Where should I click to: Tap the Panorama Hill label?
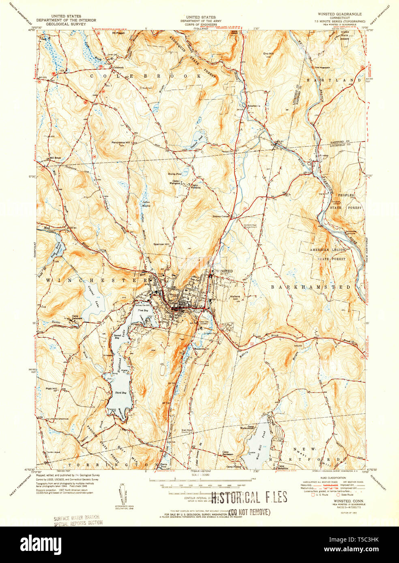coord(121,143)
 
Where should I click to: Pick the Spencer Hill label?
coord(161,244)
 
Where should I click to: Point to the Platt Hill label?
coord(51,388)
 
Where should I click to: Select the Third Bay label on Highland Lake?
coord(121,393)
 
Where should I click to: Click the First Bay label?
coord(143,310)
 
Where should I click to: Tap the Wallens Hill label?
coord(235,298)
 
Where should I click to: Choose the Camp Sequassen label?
coord(228,453)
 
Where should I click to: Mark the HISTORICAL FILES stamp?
coord(249,498)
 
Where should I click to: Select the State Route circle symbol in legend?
coord(338,495)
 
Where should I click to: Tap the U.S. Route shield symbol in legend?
coord(313,495)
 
